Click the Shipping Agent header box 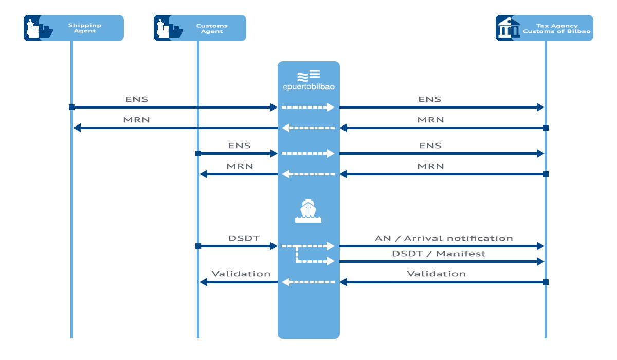coord(74,28)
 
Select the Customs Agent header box coord(199,28)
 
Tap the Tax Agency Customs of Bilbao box coord(545,28)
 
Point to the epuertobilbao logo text coord(309,87)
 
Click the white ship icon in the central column coord(308,210)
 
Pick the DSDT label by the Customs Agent coord(244,238)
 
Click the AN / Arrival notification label coord(444,238)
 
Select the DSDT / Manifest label coord(439,254)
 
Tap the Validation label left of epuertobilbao coord(241,274)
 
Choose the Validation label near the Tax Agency coord(437,274)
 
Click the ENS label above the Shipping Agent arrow coord(137,99)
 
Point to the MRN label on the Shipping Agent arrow coord(136,120)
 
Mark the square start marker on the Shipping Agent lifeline coord(71,107)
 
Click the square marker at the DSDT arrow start coord(198,246)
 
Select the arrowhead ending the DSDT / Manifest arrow coord(540,261)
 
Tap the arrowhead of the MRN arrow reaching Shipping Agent coord(77,128)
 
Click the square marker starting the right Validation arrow coord(546,282)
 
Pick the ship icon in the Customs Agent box coord(169,29)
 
